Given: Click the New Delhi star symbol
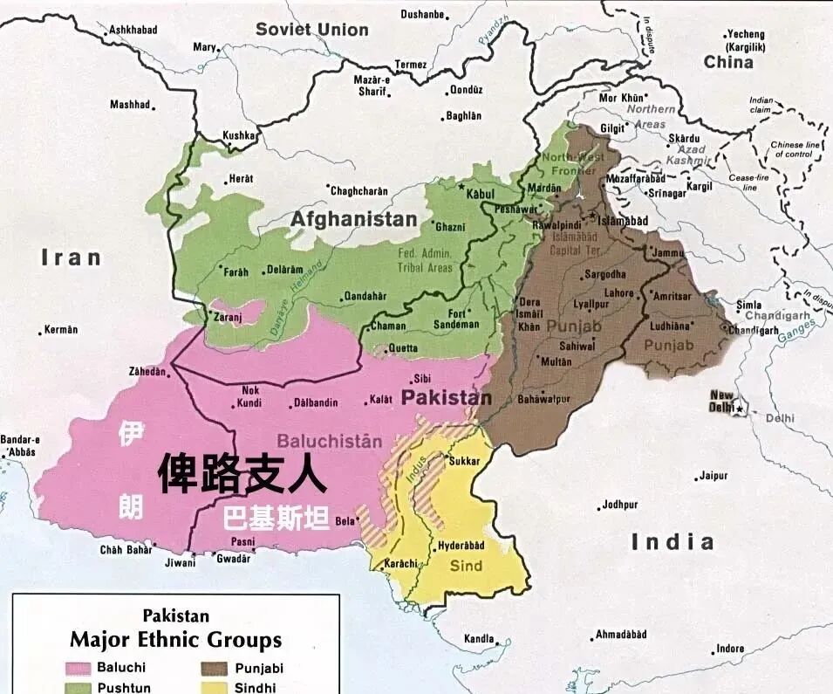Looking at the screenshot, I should point(740,409).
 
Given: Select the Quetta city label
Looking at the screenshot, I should point(403,347).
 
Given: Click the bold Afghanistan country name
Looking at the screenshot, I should point(353,219).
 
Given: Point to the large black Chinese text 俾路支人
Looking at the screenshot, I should point(242,475).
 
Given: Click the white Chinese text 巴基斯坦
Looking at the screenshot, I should point(277,519).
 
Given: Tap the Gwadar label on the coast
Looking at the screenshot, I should point(234,559).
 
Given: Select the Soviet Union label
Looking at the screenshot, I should point(311,30).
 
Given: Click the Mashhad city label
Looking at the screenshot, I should point(129,105).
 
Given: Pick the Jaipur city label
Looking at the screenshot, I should point(713,477).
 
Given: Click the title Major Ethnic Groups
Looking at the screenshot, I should point(175,639).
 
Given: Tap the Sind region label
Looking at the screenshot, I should point(466,567).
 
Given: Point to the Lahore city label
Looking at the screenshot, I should point(618,293).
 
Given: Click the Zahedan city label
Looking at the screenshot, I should point(147,371).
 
